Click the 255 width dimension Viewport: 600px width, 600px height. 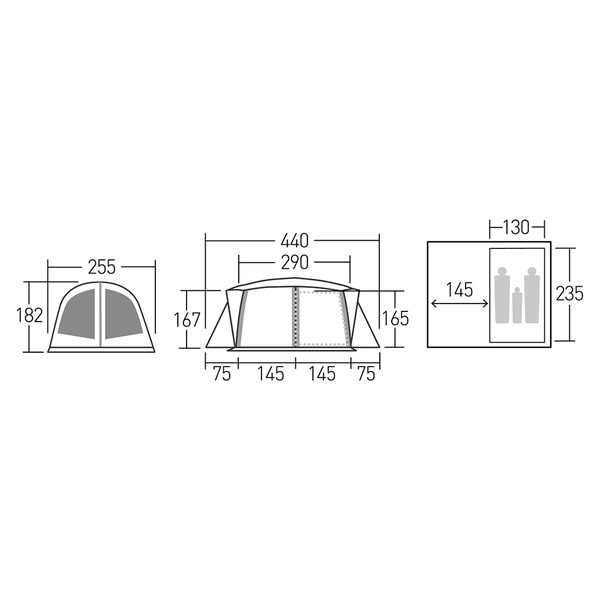point(101,267)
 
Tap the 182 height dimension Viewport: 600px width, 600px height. point(29,316)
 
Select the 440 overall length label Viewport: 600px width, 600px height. point(294,241)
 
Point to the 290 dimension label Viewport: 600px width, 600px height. point(294,262)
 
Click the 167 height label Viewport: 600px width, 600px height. point(187,320)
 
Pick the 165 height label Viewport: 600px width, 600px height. point(395,318)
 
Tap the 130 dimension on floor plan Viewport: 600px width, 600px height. point(516,227)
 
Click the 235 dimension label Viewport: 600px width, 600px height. point(569,294)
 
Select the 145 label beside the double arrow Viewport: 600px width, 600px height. point(460,290)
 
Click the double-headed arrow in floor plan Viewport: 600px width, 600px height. point(459,304)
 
